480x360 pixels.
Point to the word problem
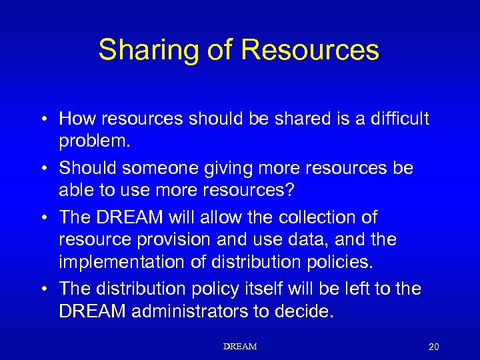[94, 142]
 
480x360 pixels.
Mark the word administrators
[195, 311]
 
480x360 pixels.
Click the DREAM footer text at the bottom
[240, 347]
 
